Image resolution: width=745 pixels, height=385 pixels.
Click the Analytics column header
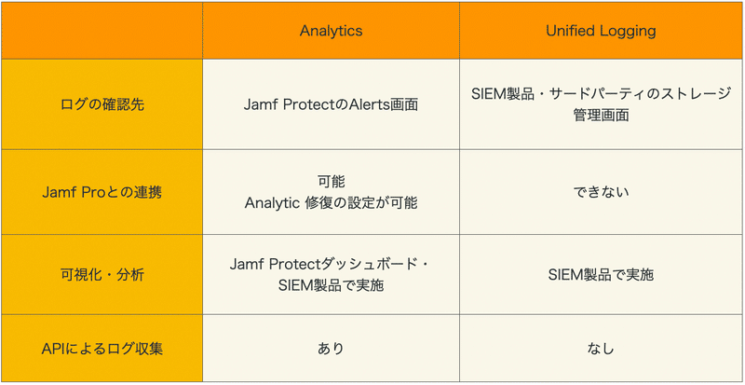(331, 31)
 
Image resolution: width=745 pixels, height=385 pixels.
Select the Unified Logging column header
(601, 31)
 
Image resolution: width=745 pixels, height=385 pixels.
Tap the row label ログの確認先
(102, 104)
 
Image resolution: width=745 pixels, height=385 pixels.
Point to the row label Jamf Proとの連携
(102, 193)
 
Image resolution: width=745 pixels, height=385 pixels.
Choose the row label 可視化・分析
(102, 275)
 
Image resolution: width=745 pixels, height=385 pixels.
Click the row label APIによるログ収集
(102, 349)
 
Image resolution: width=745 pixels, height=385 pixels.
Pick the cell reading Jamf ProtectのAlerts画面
(331, 104)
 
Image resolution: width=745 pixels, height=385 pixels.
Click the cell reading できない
(601, 193)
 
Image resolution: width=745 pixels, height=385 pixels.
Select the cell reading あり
(331, 349)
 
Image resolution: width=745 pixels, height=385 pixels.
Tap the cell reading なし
(601, 349)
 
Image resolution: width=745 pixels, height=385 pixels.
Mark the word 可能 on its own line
(331, 182)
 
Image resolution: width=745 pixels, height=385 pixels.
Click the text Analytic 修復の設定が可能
(331, 203)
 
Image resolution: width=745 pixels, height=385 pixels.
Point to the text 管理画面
(601, 116)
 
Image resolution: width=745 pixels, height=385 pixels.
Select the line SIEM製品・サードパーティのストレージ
(601, 94)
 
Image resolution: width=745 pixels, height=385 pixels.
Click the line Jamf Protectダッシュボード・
(331, 264)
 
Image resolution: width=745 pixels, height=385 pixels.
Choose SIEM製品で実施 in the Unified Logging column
(601, 275)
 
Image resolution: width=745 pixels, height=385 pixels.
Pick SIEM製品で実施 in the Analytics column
(331, 286)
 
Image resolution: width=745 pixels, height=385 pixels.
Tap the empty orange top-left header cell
(102, 31)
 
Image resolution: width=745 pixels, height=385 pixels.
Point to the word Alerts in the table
(369, 104)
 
